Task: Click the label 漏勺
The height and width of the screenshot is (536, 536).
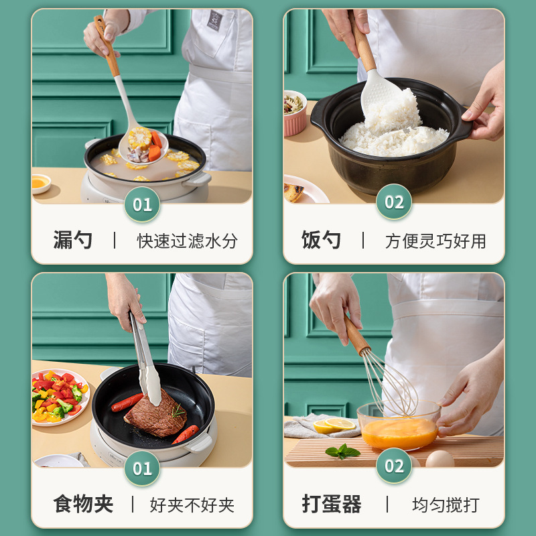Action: click(x=73, y=241)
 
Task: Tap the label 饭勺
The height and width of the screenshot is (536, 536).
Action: click(x=321, y=241)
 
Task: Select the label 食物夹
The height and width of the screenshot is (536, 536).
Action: click(x=83, y=504)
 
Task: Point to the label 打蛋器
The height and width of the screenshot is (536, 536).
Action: click(x=331, y=504)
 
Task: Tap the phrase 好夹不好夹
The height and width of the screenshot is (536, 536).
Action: click(x=192, y=505)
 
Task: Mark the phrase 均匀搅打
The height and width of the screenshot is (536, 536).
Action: click(x=446, y=505)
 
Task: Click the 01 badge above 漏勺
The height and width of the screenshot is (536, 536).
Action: click(x=142, y=204)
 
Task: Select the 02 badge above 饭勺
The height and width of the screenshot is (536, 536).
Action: click(x=394, y=202)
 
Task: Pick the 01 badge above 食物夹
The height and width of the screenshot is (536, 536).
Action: click(x=142, y=468)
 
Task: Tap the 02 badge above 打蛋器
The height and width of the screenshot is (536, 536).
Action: click(x=394, y=466)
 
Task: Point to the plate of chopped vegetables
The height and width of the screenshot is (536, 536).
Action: click(x=59, y=397)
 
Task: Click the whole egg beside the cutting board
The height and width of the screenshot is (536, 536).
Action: click(x=440, y=459)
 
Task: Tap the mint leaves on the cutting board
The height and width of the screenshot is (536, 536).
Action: click(x=342, y=452)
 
